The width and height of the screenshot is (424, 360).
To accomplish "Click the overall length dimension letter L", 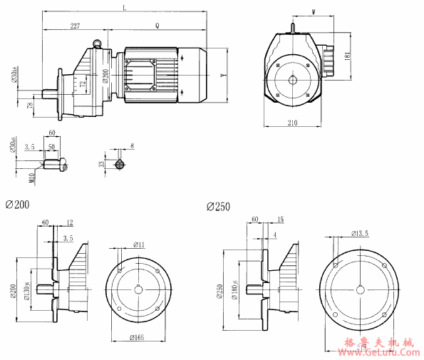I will coord(125,7).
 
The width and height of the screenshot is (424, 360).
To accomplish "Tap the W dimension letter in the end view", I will coord(314,11).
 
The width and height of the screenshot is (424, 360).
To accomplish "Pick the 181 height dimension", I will coord(347,54).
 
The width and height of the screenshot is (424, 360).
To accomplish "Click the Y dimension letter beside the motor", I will coord(223,74).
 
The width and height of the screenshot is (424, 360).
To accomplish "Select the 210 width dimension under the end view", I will coord(292,123).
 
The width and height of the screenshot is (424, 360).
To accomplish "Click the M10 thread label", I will coord(31,175).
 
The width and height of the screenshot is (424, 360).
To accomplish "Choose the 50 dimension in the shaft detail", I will coord(51,147).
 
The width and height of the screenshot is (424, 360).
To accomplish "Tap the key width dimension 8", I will coord(132,146).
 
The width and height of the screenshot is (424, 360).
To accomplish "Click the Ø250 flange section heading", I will coord(218,206).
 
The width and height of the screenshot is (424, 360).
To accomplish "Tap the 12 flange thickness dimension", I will coord(69,222).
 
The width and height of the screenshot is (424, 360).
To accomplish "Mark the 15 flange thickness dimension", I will coord(280,219).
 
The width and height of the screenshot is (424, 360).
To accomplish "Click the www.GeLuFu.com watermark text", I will coord(378,351).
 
